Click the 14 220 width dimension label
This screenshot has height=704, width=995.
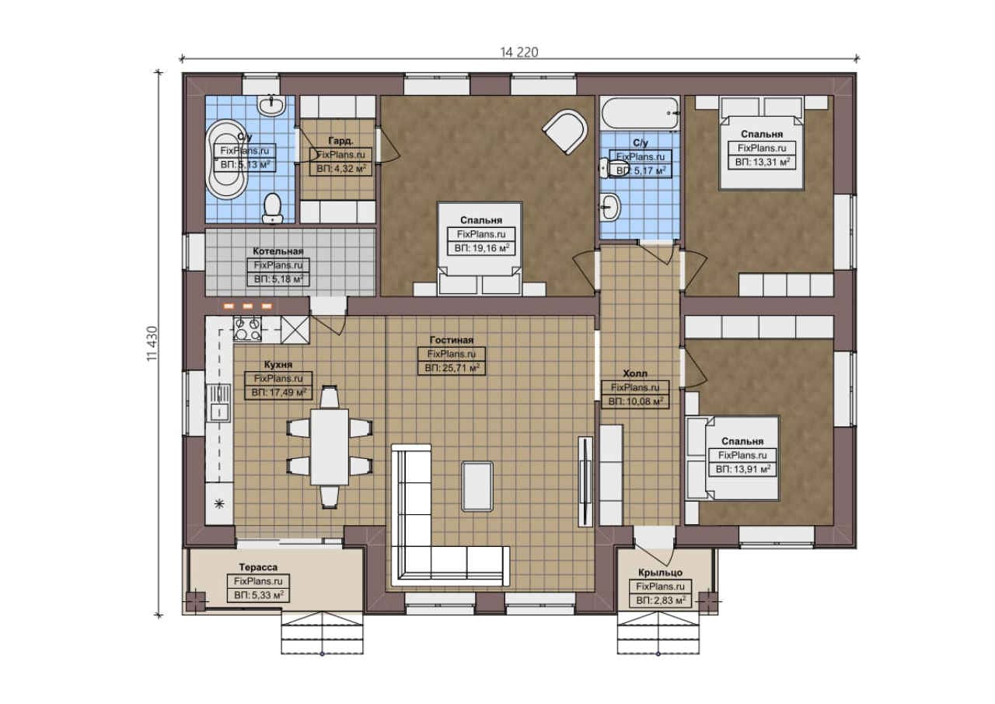pyautogui.click(x=518, y=52)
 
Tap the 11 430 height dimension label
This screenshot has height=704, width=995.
pyautogui.click(x=152, y=343)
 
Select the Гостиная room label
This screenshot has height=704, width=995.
pyautogui.click(x=452, y=340)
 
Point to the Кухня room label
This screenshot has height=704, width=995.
pyautogui.click(x=278, y=364)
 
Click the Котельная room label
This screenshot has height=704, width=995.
pyautogui.click(x=278, y=251)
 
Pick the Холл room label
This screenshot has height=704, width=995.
pyautogui.click(x=635, y=373)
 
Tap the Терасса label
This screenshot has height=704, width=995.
pyautogui.click(x=258, y=567)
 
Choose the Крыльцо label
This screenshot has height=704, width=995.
pyautogui.click(x=660, y=573)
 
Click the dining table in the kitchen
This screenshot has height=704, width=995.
pyautogui.click(x=329, y=447)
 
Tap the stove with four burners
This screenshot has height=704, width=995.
pyautogui.click(x=247, y=329)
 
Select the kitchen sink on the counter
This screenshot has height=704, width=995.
pyautogui.click(x=218, y=403)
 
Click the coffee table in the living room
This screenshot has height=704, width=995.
pyautogui.click(x=477, y=487)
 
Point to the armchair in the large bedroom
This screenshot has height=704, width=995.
pyautogui.click(x=564, y=131)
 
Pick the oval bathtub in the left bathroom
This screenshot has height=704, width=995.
pyautogui.click(x=227, y=159)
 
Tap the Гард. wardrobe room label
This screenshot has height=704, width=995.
pyautogui.click(x=340, y=141)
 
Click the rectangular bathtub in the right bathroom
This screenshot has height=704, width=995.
pyautogui.click(x=640, y=114)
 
